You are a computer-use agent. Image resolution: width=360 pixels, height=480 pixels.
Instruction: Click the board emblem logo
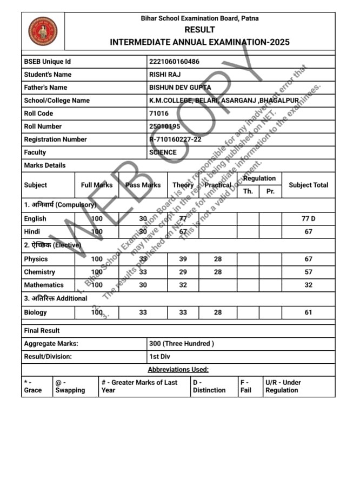[43, 31]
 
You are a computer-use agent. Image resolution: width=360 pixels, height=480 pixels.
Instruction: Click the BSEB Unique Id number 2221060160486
[174, 62]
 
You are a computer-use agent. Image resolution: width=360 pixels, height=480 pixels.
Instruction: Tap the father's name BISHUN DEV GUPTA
[180, 88]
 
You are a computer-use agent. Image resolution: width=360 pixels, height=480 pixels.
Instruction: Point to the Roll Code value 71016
[158, 114]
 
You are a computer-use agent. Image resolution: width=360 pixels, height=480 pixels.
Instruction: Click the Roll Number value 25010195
[165, 126]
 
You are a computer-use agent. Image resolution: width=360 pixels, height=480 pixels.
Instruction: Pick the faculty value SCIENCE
[163, 152]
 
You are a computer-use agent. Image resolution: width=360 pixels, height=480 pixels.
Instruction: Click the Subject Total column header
[308, 185]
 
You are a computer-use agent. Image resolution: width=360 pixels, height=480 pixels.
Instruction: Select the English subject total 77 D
[309, 219]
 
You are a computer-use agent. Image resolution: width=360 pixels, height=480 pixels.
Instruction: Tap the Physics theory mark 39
[183, 259]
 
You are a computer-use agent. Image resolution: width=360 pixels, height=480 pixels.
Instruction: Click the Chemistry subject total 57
[309, 272]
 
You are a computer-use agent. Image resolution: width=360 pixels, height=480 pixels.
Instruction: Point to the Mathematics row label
[44, 285]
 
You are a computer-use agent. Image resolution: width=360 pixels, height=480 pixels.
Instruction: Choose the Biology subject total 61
[309, 312]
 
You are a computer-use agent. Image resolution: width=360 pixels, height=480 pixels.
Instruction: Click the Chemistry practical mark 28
[217, 272]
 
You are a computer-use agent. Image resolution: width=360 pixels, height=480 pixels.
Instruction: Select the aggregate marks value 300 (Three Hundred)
[182, 343]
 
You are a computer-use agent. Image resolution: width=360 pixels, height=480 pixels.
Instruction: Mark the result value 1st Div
[159, 357]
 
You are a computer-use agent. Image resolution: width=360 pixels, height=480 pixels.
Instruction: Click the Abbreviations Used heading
[178, 370]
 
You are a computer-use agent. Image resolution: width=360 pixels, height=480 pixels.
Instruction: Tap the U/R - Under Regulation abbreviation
[283, 386]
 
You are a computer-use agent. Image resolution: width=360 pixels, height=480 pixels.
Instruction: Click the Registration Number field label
[55, 139]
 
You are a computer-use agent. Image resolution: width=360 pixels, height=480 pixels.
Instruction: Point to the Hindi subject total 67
[309, 232]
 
